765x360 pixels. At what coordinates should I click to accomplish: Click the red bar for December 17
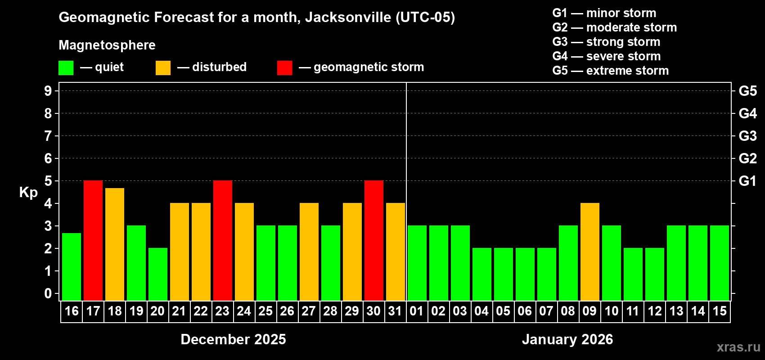[x=93, y=241]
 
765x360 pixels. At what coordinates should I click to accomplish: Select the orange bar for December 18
[x=115, y=244]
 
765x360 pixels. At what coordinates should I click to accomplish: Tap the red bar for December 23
[x=223, y=241]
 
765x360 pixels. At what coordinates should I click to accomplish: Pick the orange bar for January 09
[x=590, y=252]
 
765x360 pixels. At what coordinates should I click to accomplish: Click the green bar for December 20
[x=158, y=274]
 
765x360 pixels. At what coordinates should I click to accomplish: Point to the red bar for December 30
[x=374, y=241]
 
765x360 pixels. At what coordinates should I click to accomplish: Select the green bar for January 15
[x=720, y=263]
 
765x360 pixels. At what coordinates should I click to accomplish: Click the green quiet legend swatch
[x=66, y=68]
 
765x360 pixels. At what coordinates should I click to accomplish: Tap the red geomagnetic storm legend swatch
[x=284, y=68]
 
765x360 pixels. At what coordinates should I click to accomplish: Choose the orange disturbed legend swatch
[x=163, y=68]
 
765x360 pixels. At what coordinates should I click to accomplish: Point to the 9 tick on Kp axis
[x=48, y=91]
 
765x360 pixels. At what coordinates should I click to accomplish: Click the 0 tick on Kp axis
[x=48, y=294]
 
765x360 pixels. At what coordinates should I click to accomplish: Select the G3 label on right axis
[x=747, y=136]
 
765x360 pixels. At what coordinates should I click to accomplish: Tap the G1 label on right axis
[x=747, y=181]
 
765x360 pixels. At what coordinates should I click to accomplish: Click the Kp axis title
[x=28, y=193]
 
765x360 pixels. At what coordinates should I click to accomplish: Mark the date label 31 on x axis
[x=395, y=311]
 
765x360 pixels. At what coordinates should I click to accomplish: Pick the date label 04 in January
[x=481, y=311]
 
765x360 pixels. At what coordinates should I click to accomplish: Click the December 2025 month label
[x=233, y=339]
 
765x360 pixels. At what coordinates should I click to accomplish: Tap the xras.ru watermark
[x=738, y=346]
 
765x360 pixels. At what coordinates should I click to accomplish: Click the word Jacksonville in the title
[x=348, y=18]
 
